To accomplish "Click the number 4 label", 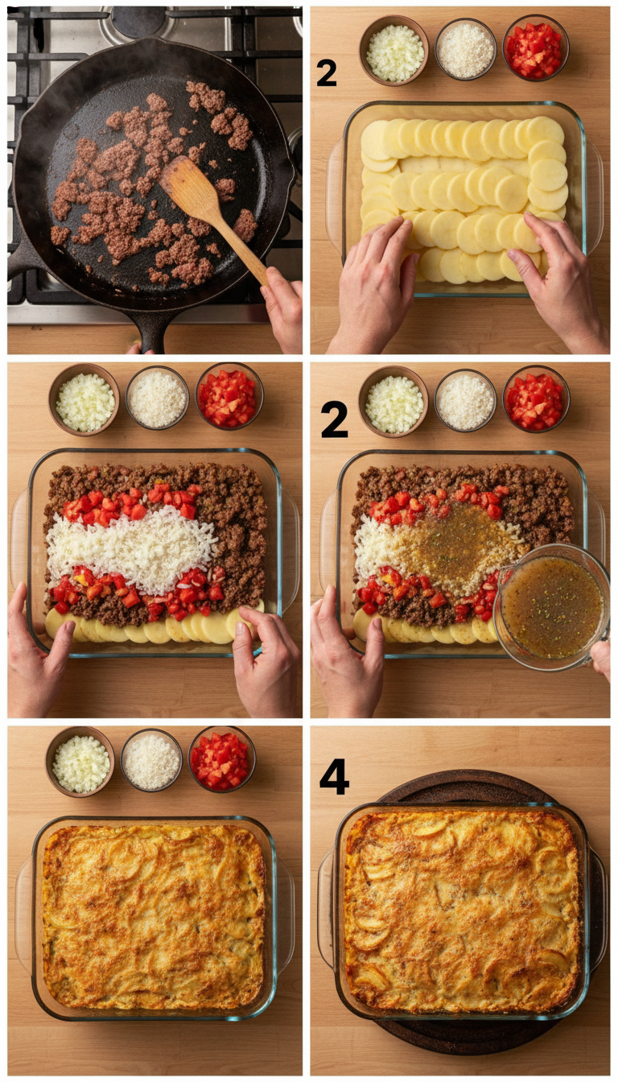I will [x=334, y=776].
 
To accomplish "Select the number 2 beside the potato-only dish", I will [x=326, y=72].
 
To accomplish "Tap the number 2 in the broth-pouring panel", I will [x=334, y=419].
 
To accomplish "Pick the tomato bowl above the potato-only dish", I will [x=536, y=48].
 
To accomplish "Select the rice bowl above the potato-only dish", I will [x=465, y=50].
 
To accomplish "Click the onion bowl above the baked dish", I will [x=80, y=762].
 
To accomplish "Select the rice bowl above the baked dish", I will [x=151, y=761].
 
